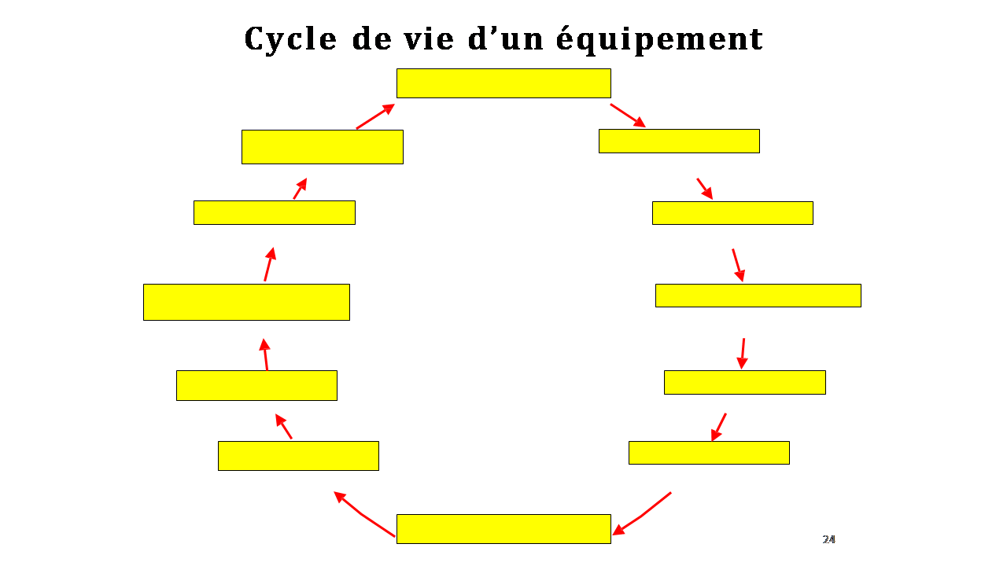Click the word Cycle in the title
pyautogui.click(x=290, y=39)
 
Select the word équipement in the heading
pyautogui.click(x=659, y=39)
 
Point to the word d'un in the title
pyautogui.click(x=505, y=39)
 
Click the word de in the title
pyautogui.click(x=371, y=39)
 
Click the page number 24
pyautogui.click(x=828, y=539)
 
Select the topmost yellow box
pyautogui.click(x=503, y=83)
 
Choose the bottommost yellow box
pyautogui.click(x=503, y=529)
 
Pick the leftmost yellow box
pyautogui.click(x=246, y=302)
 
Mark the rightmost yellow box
pyautogui.click(x=758, y=296)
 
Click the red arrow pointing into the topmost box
pyautogui.click(x=375, y=116)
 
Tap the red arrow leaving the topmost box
pyautogui.click(x=628, y=116)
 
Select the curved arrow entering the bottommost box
pyautogui.click(x=642, y=514)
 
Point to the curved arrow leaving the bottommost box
pyautogui.click(x=363, y=514)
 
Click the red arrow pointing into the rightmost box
pyautogui.click(x=738, y=266)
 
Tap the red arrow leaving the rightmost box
pyautogui.click(x=743, y=354)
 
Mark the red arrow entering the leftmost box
pyautogui.click(x=265, y=355)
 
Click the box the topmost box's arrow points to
pyautogui.click(x=679, y=141)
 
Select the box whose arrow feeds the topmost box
pyautogui.click(x=323, y=147)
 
